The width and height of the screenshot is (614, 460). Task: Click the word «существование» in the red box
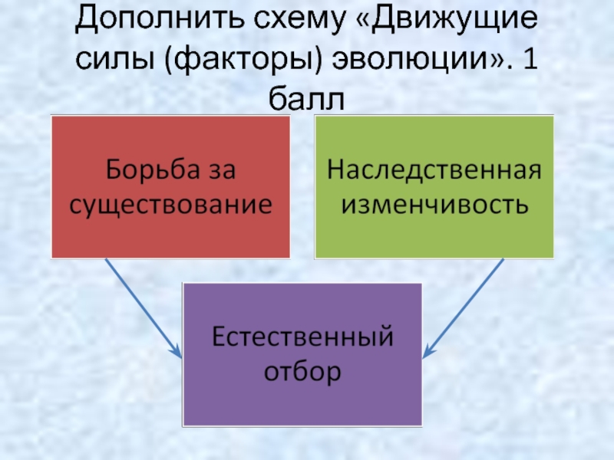pyautogui.click(x=170, y=205)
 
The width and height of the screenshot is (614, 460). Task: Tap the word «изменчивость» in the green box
pyautogui.click(x=434, y=204)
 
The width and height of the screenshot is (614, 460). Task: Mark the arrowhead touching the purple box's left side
pyautogui.click(x=177, y=353)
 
